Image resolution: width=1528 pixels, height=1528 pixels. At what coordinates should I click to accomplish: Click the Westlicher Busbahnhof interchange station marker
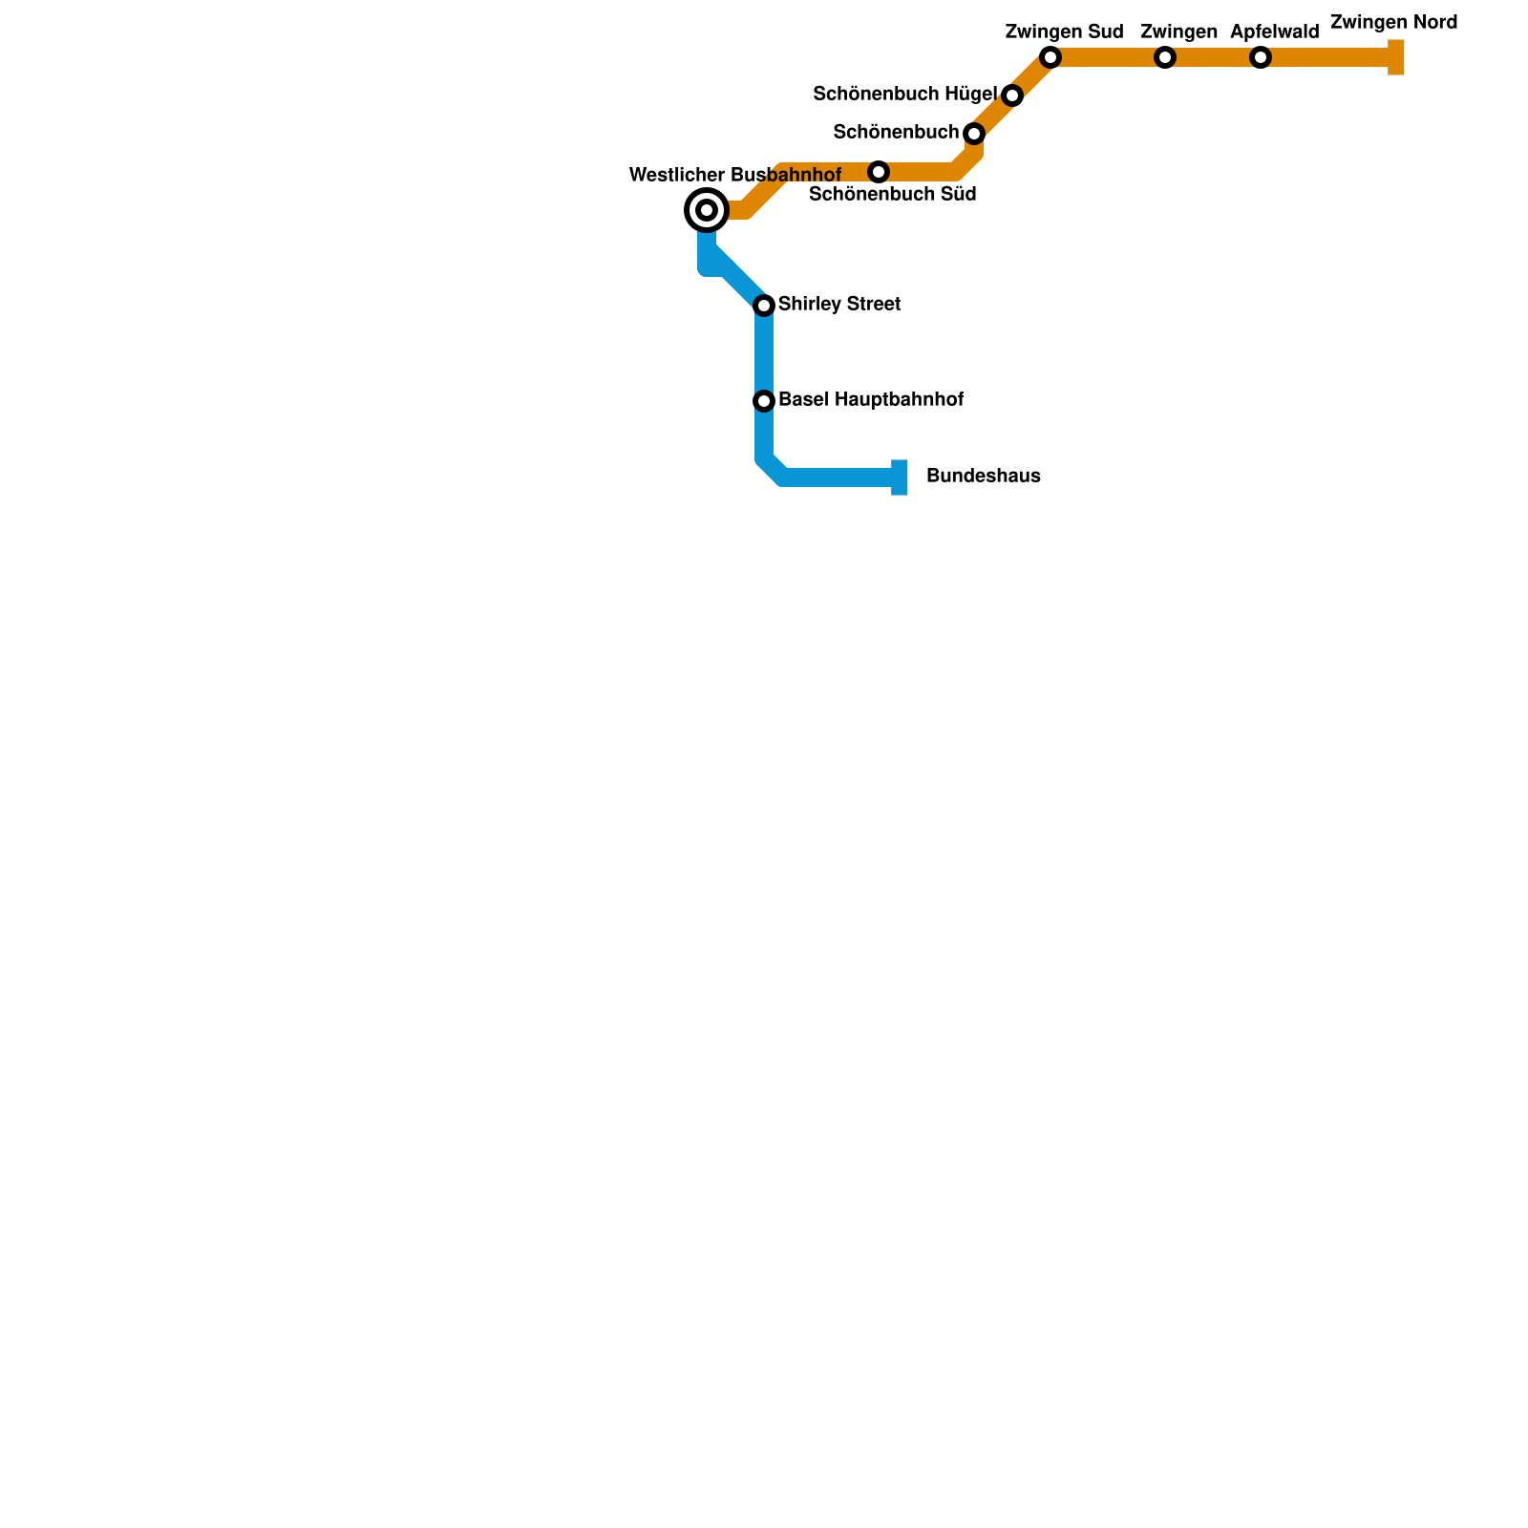pos(707,210)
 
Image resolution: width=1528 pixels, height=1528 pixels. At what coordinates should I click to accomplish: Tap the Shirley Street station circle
pos(764,306)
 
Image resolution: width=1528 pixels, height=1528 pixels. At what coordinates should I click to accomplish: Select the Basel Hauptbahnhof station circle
pos(764,401)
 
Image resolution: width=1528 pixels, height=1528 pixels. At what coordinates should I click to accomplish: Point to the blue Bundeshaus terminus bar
pos(900,477)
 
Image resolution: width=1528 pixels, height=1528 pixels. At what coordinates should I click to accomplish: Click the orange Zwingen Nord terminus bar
pos(1396,57)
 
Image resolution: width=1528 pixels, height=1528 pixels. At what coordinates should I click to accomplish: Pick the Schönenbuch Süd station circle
pos(879,172)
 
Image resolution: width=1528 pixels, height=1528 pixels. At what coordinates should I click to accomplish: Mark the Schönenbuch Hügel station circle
pos(1012,95)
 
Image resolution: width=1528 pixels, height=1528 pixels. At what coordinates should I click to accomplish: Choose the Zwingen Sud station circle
pos(1050,57)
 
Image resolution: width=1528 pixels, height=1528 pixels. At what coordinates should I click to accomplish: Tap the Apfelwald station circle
pos(1261,57)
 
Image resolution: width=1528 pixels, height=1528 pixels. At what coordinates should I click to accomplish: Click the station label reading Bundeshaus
pos(983,477)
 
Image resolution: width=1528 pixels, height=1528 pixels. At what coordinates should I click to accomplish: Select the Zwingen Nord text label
pos(1393,23)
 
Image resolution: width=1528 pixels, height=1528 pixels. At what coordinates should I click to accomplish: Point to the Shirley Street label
pos(838,305)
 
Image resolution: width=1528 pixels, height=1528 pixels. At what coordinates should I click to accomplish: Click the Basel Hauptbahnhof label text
pos(870,400)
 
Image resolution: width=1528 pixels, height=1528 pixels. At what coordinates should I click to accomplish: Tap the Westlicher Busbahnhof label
pos(734,176)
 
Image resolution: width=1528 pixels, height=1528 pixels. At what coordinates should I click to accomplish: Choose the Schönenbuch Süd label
pos(892,195)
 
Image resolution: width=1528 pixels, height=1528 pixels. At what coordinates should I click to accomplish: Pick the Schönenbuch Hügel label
pos(904,94)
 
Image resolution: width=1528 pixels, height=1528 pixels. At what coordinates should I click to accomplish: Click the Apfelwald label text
pos(1274,32)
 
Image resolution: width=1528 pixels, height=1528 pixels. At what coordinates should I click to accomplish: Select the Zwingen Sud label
pos(1064,32)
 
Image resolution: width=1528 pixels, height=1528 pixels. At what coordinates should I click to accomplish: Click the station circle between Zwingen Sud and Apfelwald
pos(1164,57)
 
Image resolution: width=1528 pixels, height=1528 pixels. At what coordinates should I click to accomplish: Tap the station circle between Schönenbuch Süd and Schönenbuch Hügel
pos(973,133)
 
